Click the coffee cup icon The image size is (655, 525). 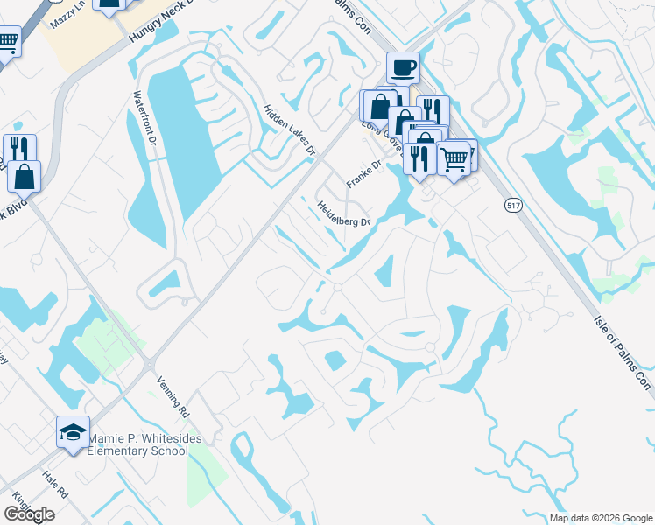tap(403, 67)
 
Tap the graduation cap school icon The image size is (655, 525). tap(73, 431)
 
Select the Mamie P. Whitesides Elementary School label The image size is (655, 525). tap(137, 444)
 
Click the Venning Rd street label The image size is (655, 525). tap(173, 395)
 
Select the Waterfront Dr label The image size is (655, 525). tap(144, 117)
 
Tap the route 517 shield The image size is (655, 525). tap(514, 205)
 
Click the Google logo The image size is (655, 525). tap(28, 514)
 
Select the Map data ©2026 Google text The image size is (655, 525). tap(601, 518)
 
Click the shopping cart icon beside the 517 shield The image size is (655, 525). tap(454, 159)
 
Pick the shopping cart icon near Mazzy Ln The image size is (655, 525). tap(7, 41)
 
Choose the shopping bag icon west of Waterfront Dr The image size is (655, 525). tap(25, 176)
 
